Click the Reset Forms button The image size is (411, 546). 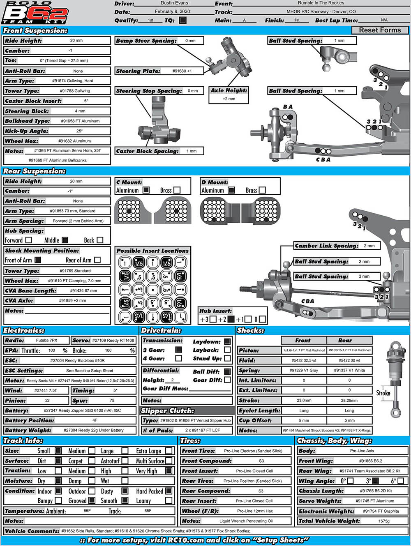coord(380,30)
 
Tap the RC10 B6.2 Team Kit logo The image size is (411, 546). coord(35,13)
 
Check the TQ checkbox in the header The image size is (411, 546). coord(182,20)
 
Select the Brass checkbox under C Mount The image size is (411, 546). coord(177,190)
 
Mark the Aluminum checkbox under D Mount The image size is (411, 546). coord(231,190)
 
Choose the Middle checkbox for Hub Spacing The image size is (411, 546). coord(65,240)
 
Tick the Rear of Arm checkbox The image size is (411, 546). coord(97,260)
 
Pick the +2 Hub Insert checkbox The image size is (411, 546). coord(231,319)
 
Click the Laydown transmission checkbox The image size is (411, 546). coord(227,341)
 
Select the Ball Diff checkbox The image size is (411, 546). coord(227,371)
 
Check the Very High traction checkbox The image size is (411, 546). coord(169,471)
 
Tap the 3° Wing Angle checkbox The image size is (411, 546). coord(375,481)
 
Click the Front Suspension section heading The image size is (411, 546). coord(35,30)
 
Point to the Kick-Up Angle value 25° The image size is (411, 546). coord(79,131)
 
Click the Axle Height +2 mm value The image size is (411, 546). coord(229,99)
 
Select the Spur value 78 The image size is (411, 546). coord(112,400)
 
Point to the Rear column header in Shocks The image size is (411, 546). coord(345,340)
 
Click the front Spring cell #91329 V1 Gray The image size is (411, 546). coord(304,370)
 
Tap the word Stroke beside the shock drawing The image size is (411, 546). coord(383,393)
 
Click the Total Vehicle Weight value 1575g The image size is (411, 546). coord(384,521)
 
